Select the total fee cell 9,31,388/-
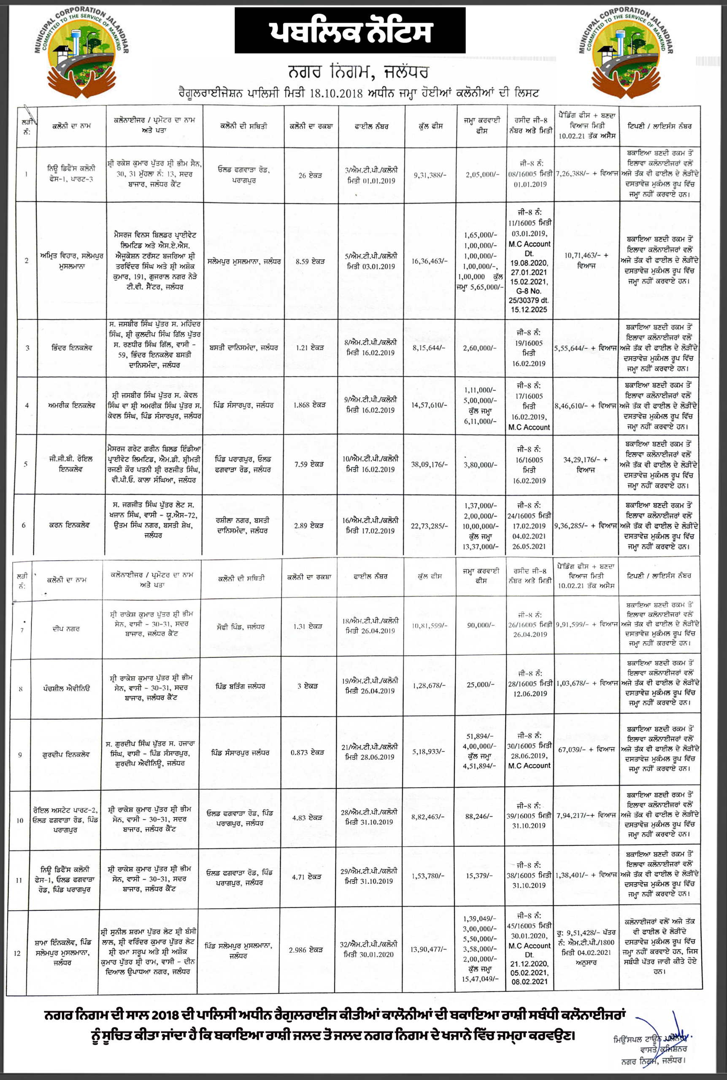point(430,175)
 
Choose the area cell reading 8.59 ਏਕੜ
point(310,262)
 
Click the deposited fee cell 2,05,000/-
point(482,175)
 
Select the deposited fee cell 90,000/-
point(481,625)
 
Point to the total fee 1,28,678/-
point(429,685)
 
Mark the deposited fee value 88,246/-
point(480,816)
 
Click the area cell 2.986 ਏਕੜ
point(305,950)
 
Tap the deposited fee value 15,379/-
point(480,875)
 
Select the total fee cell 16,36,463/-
point(430,262)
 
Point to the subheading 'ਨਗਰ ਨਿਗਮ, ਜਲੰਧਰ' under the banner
point(358,72)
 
